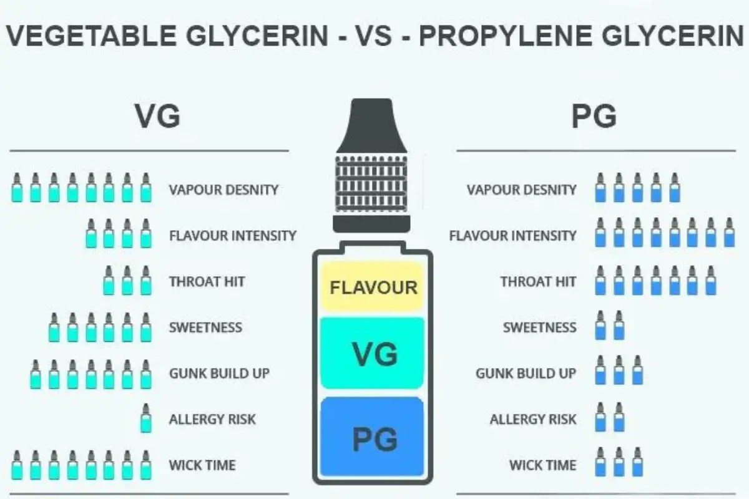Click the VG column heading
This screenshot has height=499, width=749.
coord(157,116)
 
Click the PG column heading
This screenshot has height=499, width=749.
coord(594,116)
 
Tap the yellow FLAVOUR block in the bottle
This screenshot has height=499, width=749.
coord(373,288)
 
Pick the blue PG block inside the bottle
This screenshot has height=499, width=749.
coord(373,438)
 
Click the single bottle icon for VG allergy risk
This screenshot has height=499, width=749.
coord(145,419)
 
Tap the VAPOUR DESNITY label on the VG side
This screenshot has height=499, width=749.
coord(223,190)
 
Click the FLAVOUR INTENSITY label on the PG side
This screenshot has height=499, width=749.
coord(512,236)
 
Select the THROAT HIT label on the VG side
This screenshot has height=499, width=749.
coord(207,281)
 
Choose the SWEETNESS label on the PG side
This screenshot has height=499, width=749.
coord(539,327)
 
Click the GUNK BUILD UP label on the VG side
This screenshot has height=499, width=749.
coord(219,373)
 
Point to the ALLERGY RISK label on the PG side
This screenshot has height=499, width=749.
coord(532,419)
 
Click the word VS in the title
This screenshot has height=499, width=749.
coord(373,37)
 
